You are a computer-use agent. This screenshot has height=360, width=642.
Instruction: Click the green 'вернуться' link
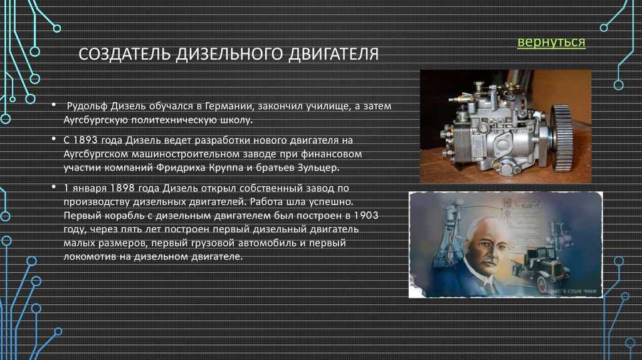pyautogui.click(x=551, y=42)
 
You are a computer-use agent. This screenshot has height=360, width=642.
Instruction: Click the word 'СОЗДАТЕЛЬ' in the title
pyautogui.click(x=125, y=54)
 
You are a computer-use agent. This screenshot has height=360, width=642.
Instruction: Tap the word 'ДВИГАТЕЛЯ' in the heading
pyautogui.click(x=334, y=54)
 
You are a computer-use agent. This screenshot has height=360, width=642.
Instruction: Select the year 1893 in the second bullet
pyautogui.click(x=85, y=140)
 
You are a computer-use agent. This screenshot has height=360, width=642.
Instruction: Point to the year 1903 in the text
pyautogui.click(x=366, y=215)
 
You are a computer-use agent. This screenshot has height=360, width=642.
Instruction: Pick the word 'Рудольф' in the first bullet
pyautogui.click(x=87, y=107)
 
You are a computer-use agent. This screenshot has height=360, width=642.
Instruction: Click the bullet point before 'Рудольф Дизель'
pyautogui.click(x=54, y=105)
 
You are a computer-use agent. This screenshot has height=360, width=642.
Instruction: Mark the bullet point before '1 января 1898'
pyautogui.click(x=54, y=187)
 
